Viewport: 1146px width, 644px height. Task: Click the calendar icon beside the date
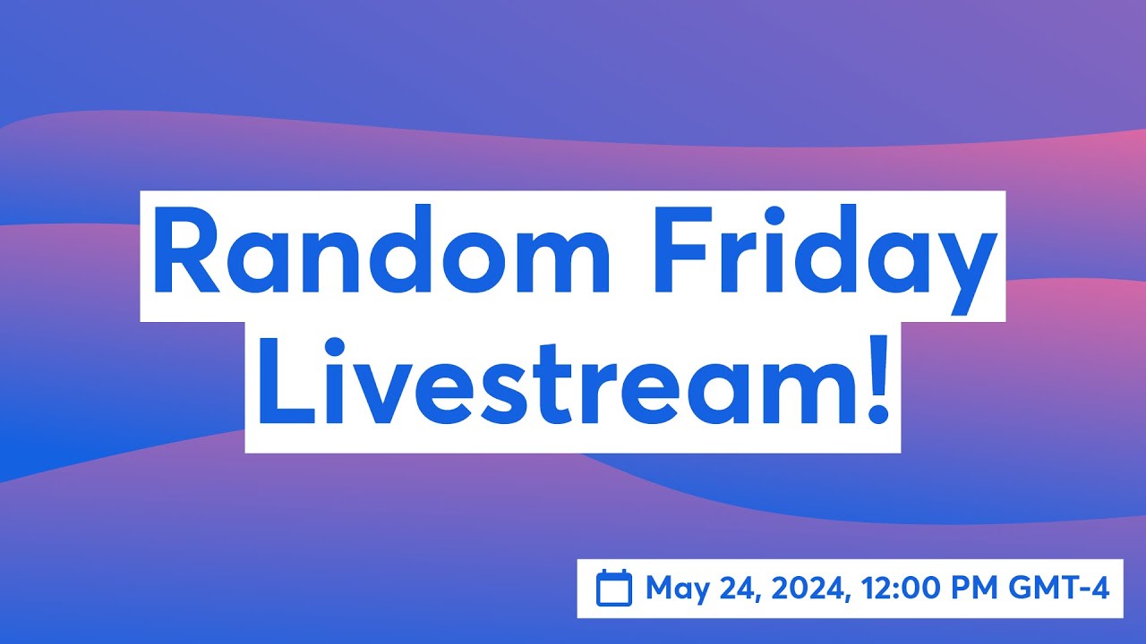pyautogui.click(x=614, y=589)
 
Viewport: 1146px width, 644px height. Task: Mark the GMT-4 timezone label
pyautogui.click(x=1059, y=589)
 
